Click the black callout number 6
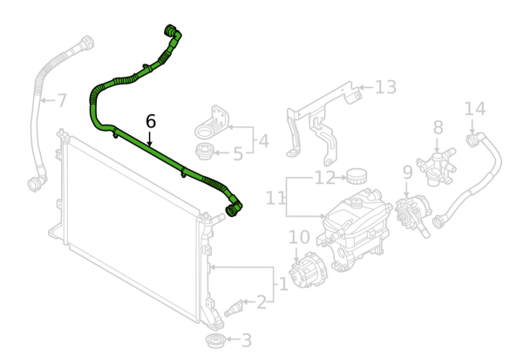[x=151, y=121]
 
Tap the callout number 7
[x=62, y=100]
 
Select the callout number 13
[x=385, y=87]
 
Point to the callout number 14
[x=475, y=109]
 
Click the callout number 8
[x=438, y=127]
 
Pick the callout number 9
[x=408, y=172]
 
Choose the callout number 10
[x=298, y=237]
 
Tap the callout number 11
[x=275, y=199]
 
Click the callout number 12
[x=324, y=178]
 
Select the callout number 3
[x=246, y=340]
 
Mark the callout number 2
[x=261, y=302]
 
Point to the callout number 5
[x=238, y=153]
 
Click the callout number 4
[x=263, y=141]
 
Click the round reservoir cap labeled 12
[x=357, y=176]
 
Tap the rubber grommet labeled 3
[x=215, y=340]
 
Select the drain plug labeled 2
[x=233, y=308]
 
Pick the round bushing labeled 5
[x=204, y=151]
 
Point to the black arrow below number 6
[x=150, y=139]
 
